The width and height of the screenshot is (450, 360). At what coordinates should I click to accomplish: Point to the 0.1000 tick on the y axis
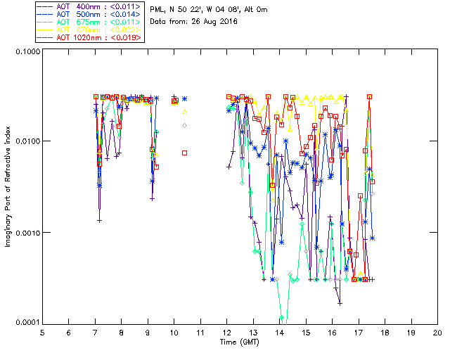pyautogui.click(x=26, y=52)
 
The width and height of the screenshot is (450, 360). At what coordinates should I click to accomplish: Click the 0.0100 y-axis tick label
pyautogui.click(x=26, y=142)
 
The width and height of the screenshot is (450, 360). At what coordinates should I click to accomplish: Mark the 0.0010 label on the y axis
pyautogui.click(x=26, y=233)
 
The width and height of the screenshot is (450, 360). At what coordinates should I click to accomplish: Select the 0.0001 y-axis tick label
pyautogui.click(x=26, y=323)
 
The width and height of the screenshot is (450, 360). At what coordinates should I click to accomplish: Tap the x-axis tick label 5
pyautogui.click(x=42, y=333)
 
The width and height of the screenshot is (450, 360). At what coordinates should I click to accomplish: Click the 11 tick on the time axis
pyautogui.click(x=200, y=333)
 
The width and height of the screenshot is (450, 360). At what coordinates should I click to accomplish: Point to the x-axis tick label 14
pyautogui.click(x=279, y=333)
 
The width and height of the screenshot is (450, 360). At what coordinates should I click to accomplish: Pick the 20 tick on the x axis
pyautogui.click(x=437, y=333)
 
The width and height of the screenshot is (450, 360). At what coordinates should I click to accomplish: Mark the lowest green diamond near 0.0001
pyautogui.click(x=282, y=318)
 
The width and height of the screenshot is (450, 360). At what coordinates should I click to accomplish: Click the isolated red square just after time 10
pyautogui.click(x=185, y=153)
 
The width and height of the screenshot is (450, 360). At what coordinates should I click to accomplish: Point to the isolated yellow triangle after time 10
pyautogui.click(x=185, y=111)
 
